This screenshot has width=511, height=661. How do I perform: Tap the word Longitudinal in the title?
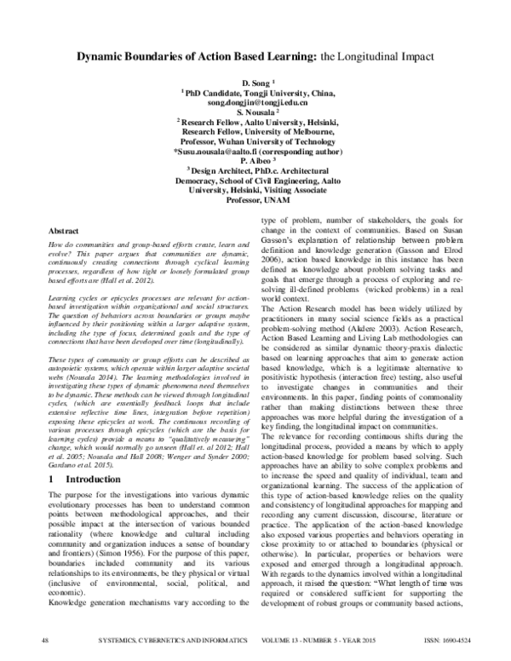pos(368,55)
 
